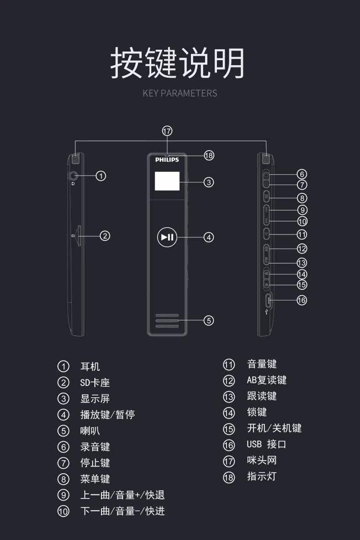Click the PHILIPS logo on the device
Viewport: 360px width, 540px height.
coord(167,160)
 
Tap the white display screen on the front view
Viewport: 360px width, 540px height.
coord(167,182)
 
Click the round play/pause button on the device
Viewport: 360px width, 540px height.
coord(167,237)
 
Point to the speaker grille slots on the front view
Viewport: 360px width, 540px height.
coord(167,321)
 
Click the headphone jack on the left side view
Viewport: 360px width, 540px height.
coord(73,175)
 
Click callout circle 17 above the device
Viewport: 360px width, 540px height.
coord(167,131)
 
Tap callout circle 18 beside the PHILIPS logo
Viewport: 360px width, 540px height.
coord(209,156)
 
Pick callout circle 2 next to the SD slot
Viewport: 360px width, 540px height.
coord(105,236)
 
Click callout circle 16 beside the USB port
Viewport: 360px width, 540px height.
coord(302,300)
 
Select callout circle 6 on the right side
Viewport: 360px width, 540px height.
coord(302,174)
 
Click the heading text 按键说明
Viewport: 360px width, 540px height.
coord(178,63)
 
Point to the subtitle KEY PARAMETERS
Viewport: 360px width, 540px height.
coord(180,93)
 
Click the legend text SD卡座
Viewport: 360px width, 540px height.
coord(95,383)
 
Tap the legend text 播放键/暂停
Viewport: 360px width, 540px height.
coord(108,415)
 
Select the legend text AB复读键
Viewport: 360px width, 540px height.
coord(267,380)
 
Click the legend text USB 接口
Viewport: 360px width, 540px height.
coord(267,444)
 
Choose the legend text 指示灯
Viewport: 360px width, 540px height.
coord(262,477)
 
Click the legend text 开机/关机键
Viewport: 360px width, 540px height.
coord(274,428)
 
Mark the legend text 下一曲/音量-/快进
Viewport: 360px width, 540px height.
coord(122,511)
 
